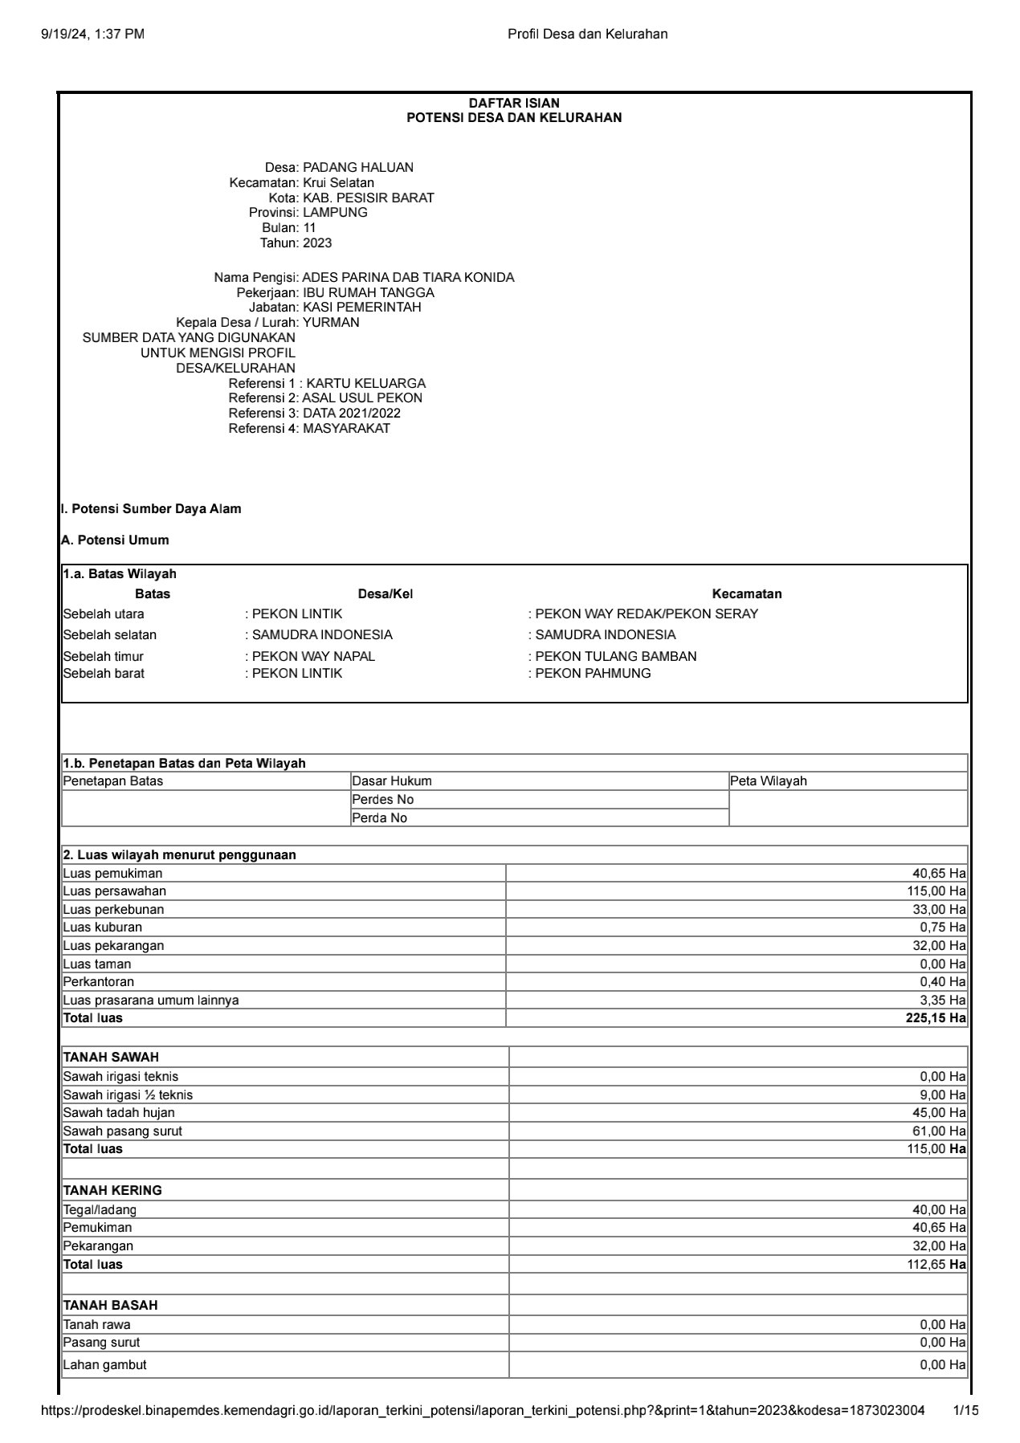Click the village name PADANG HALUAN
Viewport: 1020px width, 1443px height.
point(357,168)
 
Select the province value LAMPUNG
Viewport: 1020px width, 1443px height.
point(335,213)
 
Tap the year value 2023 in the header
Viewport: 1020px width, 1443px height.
point(317,243)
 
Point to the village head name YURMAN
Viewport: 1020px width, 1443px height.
point(331,323)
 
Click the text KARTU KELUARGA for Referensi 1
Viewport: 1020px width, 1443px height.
point(366,384)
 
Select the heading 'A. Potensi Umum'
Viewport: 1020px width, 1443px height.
point(115,540)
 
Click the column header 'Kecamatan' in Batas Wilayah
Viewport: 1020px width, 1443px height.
point(746,594)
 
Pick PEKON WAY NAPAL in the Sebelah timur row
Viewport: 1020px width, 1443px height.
point(313,657)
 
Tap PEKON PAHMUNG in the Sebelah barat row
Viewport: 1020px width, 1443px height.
point(593,674)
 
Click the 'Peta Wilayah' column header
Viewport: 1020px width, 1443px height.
point(769,781)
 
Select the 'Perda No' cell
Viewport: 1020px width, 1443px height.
point(380,818)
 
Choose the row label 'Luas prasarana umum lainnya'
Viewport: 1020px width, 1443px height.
point(151,1001)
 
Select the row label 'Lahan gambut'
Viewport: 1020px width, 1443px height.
point(104,1365)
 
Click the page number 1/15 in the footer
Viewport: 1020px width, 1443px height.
point(965,1411)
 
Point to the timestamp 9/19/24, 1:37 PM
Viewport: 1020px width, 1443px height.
point(92,34)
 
